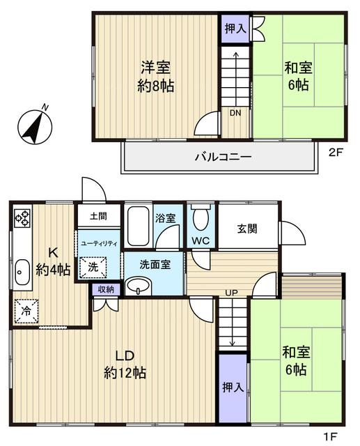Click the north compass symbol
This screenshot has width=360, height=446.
pyautogui.click(x=35, y=125)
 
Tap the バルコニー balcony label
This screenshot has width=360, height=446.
pyautogui.click(x=224, y=157)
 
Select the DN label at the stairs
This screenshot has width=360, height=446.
pyautogui.click(x=235, y=113)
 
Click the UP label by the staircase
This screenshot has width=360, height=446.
pyautogui.click(x=231, y=293)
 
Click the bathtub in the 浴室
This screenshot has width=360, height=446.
pyautogui.click(x=139, y=226)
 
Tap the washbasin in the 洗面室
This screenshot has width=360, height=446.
pyautogui.click(x=139, y=286)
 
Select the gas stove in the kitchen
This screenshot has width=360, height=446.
pyautogui.click(x=22, y=218)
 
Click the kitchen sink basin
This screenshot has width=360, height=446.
pyautogui.click(x=22, y=272)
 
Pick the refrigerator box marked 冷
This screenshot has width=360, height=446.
pyautogui.click(x=26, y=311)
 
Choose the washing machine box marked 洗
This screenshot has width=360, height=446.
pyautogui.click(x=93, y=267)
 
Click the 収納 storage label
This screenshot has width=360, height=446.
pyautogui.click(x=106, y=289)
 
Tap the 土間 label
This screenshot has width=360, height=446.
pyautogui.click(x=99, y=216)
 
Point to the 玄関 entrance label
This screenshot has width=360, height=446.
pyautogui.click(x=247, y=229)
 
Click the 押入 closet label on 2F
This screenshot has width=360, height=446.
pyautogui.click(x=235, y=29)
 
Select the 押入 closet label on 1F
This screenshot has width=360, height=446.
pyautogui.click(x=233, y=387)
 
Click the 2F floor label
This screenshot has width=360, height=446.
pyautogui.click(x=336, y=153)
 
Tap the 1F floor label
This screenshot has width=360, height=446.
pyautogui.click(x=330, y=436)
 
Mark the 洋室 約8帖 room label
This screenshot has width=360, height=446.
pyautogui.click(x=156, y=76)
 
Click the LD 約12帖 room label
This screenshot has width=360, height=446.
pyautogui.click(x=125, y=364)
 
